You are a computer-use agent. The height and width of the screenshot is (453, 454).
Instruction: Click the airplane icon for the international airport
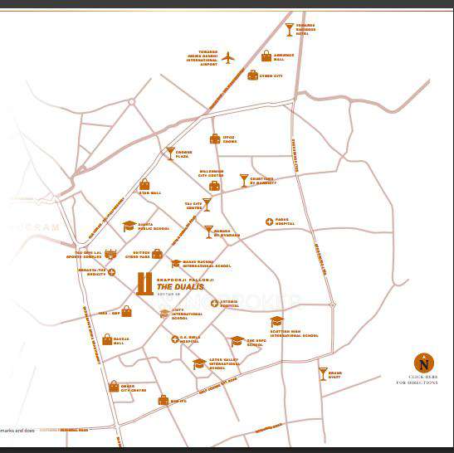(228, 57)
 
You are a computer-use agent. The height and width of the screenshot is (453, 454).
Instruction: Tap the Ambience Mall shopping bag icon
(266, 56)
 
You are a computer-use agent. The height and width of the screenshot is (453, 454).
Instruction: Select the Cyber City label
(271, 75)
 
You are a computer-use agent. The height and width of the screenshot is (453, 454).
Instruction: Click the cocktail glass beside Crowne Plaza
(170, 153)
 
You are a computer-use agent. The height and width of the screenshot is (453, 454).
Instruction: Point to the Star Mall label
(150, 193)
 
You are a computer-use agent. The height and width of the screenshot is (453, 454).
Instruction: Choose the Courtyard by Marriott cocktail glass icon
(243, 179)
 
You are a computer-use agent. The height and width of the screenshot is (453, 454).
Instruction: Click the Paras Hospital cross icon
(269, 222)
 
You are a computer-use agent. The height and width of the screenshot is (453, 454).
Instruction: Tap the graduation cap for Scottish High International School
(276, 321)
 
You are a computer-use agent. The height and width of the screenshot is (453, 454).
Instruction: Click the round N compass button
(424, 363)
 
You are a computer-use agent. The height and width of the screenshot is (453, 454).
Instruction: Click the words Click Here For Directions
(422, 380)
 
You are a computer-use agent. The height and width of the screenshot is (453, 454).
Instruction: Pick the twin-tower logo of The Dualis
(144, 284)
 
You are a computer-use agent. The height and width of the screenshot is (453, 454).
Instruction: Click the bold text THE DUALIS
(175, 287)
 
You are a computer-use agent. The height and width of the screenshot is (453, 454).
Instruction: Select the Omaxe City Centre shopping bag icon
(114, 387)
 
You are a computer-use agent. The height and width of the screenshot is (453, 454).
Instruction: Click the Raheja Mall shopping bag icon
(107, 339)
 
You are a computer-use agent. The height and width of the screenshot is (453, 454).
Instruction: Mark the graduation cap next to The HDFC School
(237, 341)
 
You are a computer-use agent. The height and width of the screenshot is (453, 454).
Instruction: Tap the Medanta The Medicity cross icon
(111, 272)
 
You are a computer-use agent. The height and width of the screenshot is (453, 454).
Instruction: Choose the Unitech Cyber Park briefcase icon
(157, 254)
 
